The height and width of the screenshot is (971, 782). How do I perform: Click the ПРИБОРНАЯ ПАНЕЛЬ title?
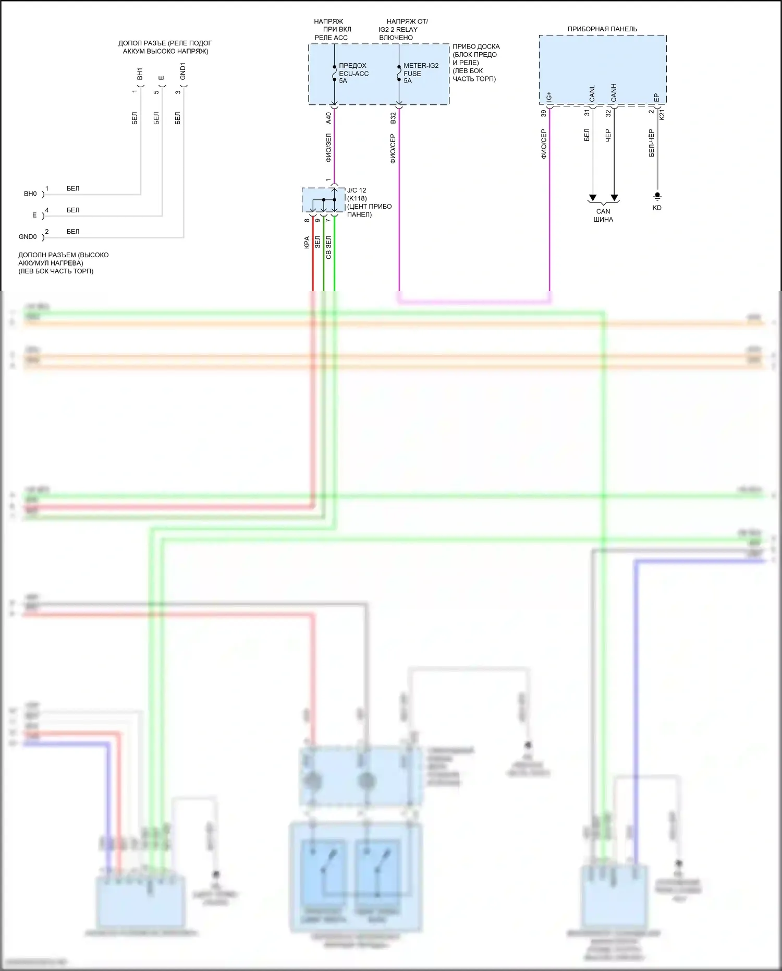click(x=602, y=29)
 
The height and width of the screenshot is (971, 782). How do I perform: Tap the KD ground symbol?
click(x=657, y=196)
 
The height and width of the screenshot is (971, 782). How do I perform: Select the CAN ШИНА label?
click(x=603, y=215)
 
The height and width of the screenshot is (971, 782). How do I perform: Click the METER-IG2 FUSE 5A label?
click(x=421, y=73)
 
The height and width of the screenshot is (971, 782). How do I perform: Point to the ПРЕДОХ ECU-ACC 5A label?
click(x=353, y=73)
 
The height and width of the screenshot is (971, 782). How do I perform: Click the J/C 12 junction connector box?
click(x=324, y=200)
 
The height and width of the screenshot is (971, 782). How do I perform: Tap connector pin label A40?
click(x=328, y=118)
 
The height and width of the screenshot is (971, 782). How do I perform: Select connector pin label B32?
click(x=393, y=118)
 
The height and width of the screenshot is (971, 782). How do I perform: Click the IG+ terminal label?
click(x=549, y=97)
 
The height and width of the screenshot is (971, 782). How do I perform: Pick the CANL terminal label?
click(x=592, y=93)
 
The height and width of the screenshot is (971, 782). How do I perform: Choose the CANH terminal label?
click(x=614, y=92)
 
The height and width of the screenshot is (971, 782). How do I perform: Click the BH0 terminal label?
click(x=30, y=194)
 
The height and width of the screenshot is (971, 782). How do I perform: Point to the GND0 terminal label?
click(x=28, y=237)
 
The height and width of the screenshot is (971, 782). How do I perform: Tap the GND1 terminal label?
click(x=183, y=71)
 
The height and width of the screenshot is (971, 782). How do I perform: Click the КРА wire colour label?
click(x=307, y=242)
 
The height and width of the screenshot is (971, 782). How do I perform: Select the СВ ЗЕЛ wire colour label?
click(x=328, y=247)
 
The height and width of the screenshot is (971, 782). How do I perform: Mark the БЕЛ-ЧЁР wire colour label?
click(x=651, y=143)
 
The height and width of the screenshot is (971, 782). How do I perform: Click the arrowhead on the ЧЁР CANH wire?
click(x=614, y=198)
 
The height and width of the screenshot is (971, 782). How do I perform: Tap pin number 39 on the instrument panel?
click(x=544, y=113)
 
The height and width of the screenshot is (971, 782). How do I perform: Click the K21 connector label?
click(x=662, y=114)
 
